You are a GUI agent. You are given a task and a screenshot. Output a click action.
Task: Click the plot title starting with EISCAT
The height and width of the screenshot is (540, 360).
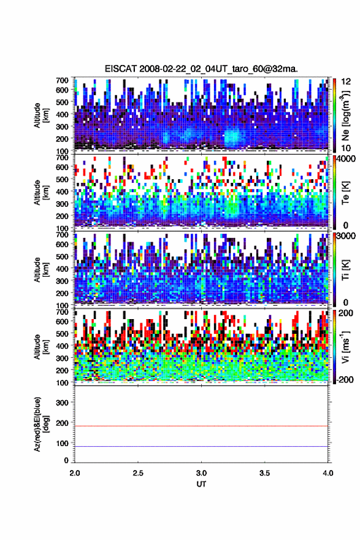tap(201, 69)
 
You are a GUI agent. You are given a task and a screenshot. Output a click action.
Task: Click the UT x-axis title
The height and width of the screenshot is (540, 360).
tap(201, 484)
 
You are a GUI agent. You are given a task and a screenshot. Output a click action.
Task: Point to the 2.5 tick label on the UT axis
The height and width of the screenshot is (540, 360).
tap(138, 473)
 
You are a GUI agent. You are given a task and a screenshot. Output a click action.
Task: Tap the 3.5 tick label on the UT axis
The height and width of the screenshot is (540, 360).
tap(265, 473)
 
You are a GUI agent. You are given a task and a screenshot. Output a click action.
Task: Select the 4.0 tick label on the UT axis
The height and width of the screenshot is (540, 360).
tap(327, 473)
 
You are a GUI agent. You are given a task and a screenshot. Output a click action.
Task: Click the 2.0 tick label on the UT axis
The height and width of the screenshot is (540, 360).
tap(75, 473)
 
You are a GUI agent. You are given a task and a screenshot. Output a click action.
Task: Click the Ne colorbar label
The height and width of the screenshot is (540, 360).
tap(345, 115)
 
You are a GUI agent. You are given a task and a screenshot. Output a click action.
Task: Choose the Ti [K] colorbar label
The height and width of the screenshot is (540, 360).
tap(345, 269)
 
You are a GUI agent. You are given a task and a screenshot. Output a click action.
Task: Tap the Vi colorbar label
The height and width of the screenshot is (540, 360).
tap(345, 347)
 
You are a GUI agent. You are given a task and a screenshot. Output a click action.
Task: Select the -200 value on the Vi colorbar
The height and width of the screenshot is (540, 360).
tap(343, 379)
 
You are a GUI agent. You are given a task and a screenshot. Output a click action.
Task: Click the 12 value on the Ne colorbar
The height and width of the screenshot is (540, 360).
tap(346, 82)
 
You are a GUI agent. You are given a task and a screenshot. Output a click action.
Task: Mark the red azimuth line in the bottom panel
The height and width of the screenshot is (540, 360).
tap(201, 426)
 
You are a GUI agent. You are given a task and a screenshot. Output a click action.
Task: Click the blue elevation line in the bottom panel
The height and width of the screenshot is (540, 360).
tap(201, 446)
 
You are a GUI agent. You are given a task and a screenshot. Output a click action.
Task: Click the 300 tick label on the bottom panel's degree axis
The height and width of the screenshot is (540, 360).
tap(63, 403)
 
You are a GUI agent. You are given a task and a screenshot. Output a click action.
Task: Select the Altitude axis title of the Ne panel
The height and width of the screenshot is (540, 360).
tap(40, 115)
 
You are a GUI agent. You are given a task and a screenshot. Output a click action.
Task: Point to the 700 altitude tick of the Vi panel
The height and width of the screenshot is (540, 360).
tap(63, 312)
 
